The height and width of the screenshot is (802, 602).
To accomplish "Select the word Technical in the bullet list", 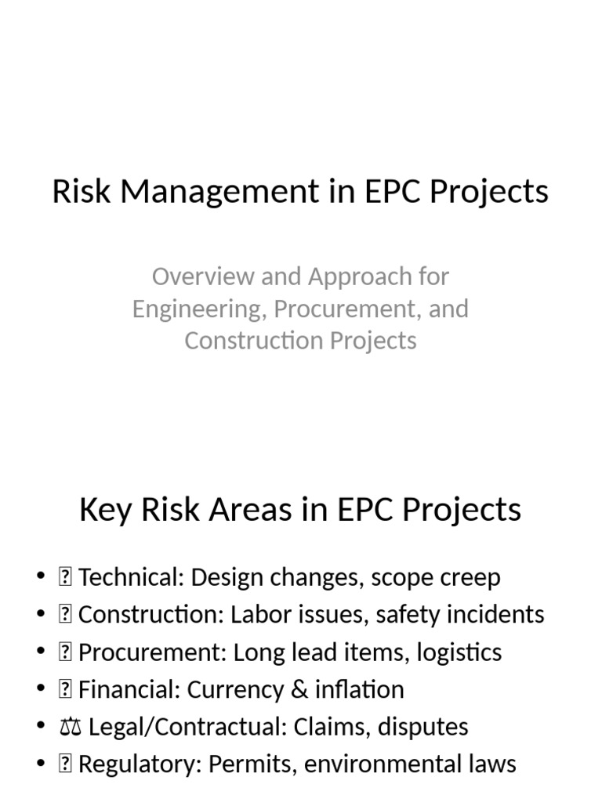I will [130, 578].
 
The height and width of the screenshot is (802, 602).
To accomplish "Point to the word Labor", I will [256, 615].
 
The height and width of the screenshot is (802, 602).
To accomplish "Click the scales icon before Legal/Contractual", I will [67, 728].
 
